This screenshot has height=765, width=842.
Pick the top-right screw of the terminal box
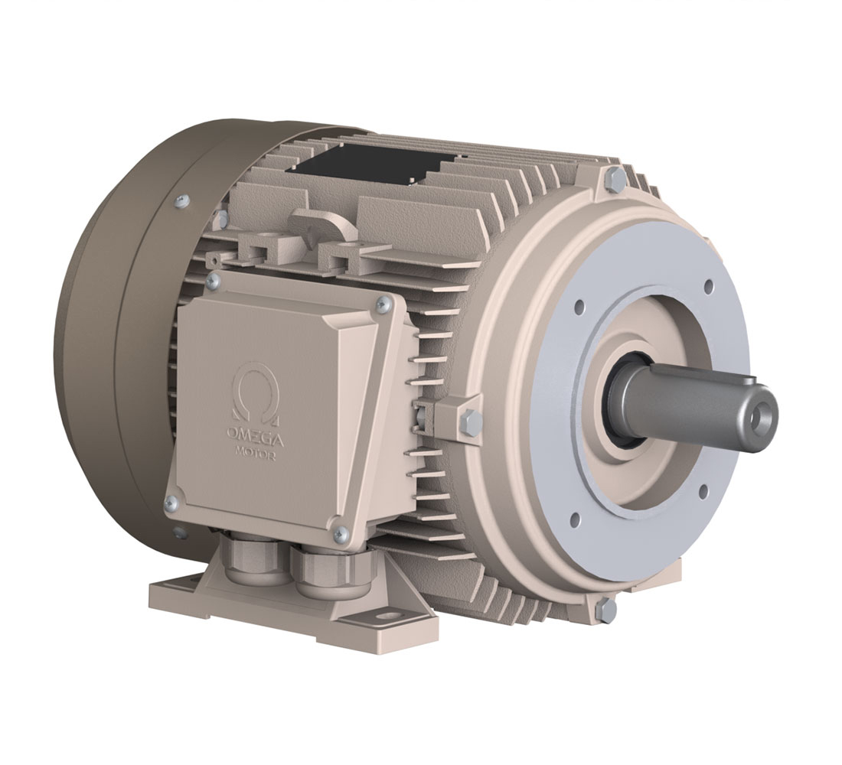pos(383,304)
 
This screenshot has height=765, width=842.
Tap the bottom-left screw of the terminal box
pos(171,503)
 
